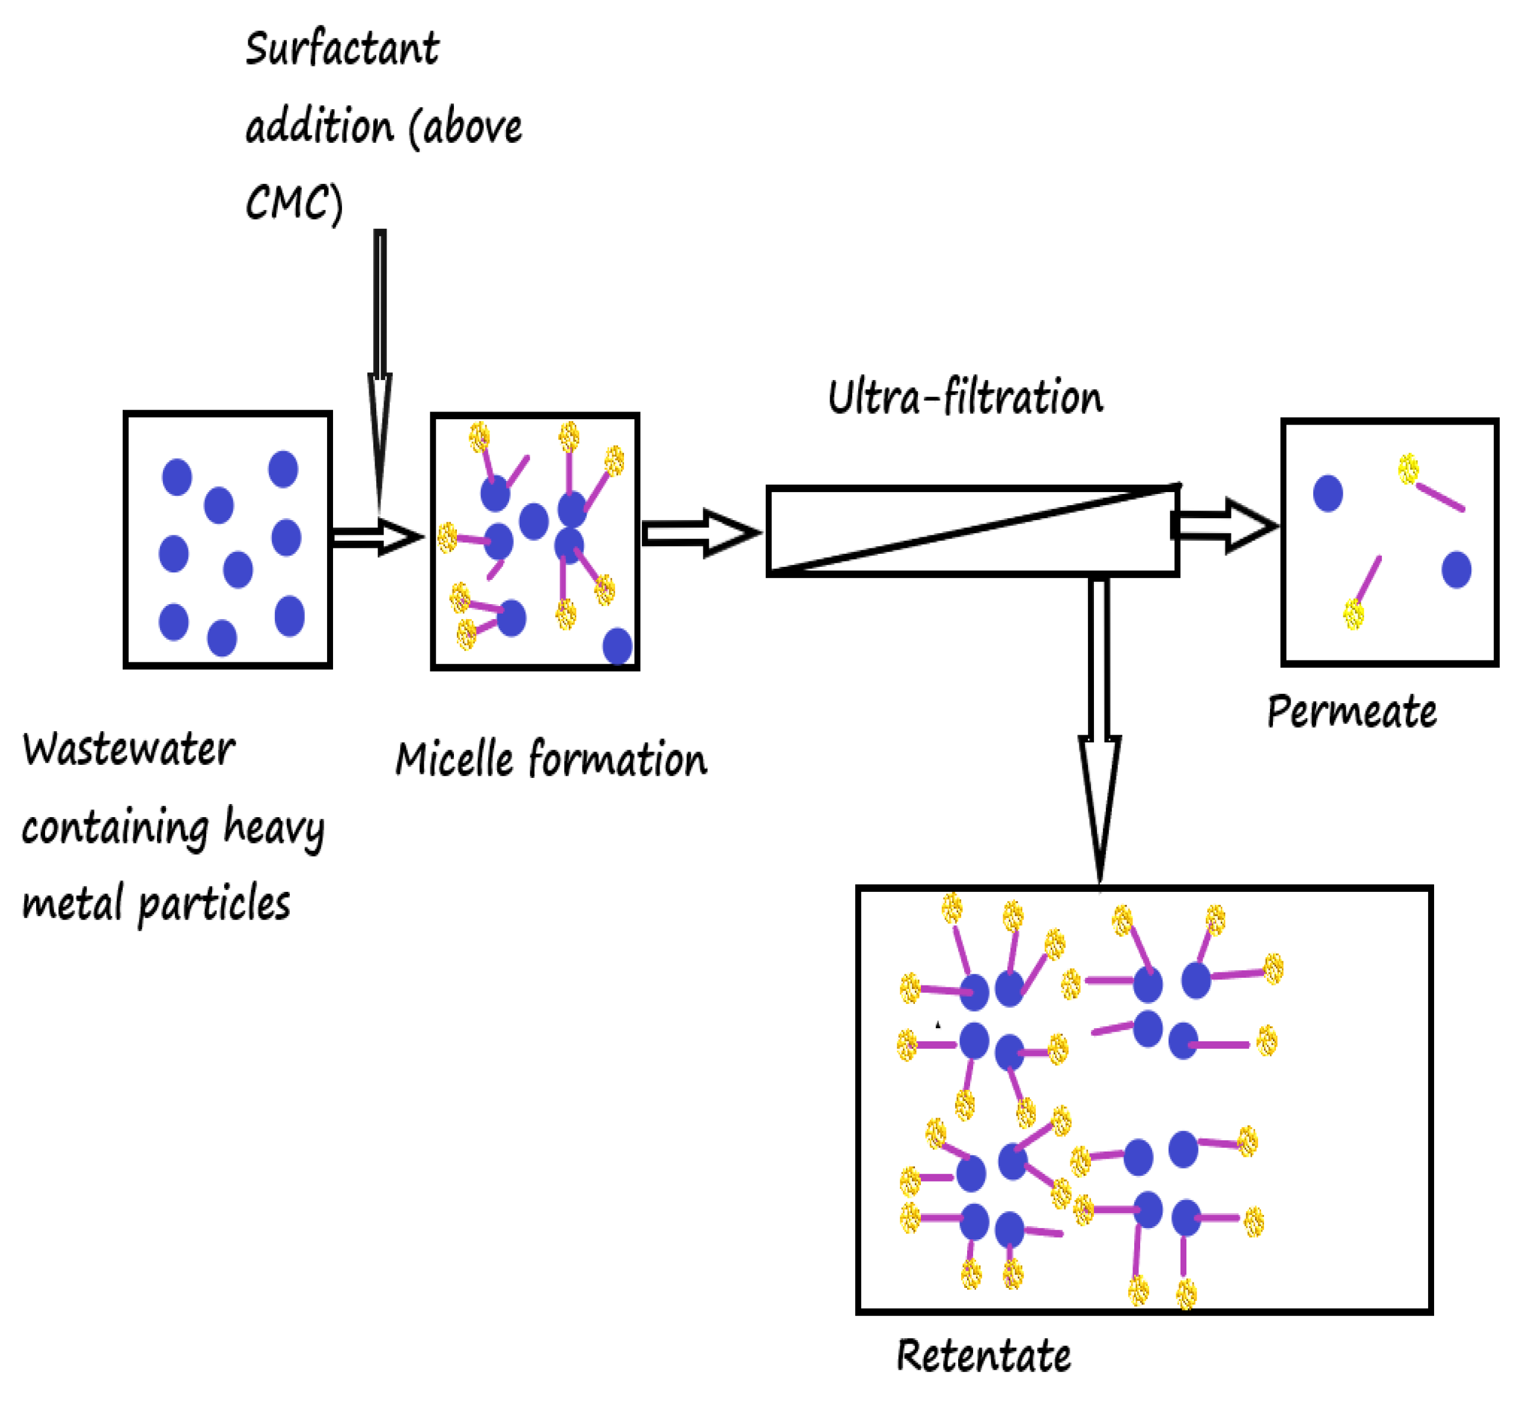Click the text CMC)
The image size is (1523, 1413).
point(294,203)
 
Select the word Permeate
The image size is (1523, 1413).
point(1351,712)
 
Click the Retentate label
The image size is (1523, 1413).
point(983,1355)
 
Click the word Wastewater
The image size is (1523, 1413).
point(129,749)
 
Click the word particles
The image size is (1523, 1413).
point(214,904)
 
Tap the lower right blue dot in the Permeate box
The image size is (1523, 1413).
point(1456,570)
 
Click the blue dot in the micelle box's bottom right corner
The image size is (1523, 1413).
point(617,646)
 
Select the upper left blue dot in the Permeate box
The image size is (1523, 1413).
point(1327,493)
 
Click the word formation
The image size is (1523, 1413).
point(617,760)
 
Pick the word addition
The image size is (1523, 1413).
point(319,126)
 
